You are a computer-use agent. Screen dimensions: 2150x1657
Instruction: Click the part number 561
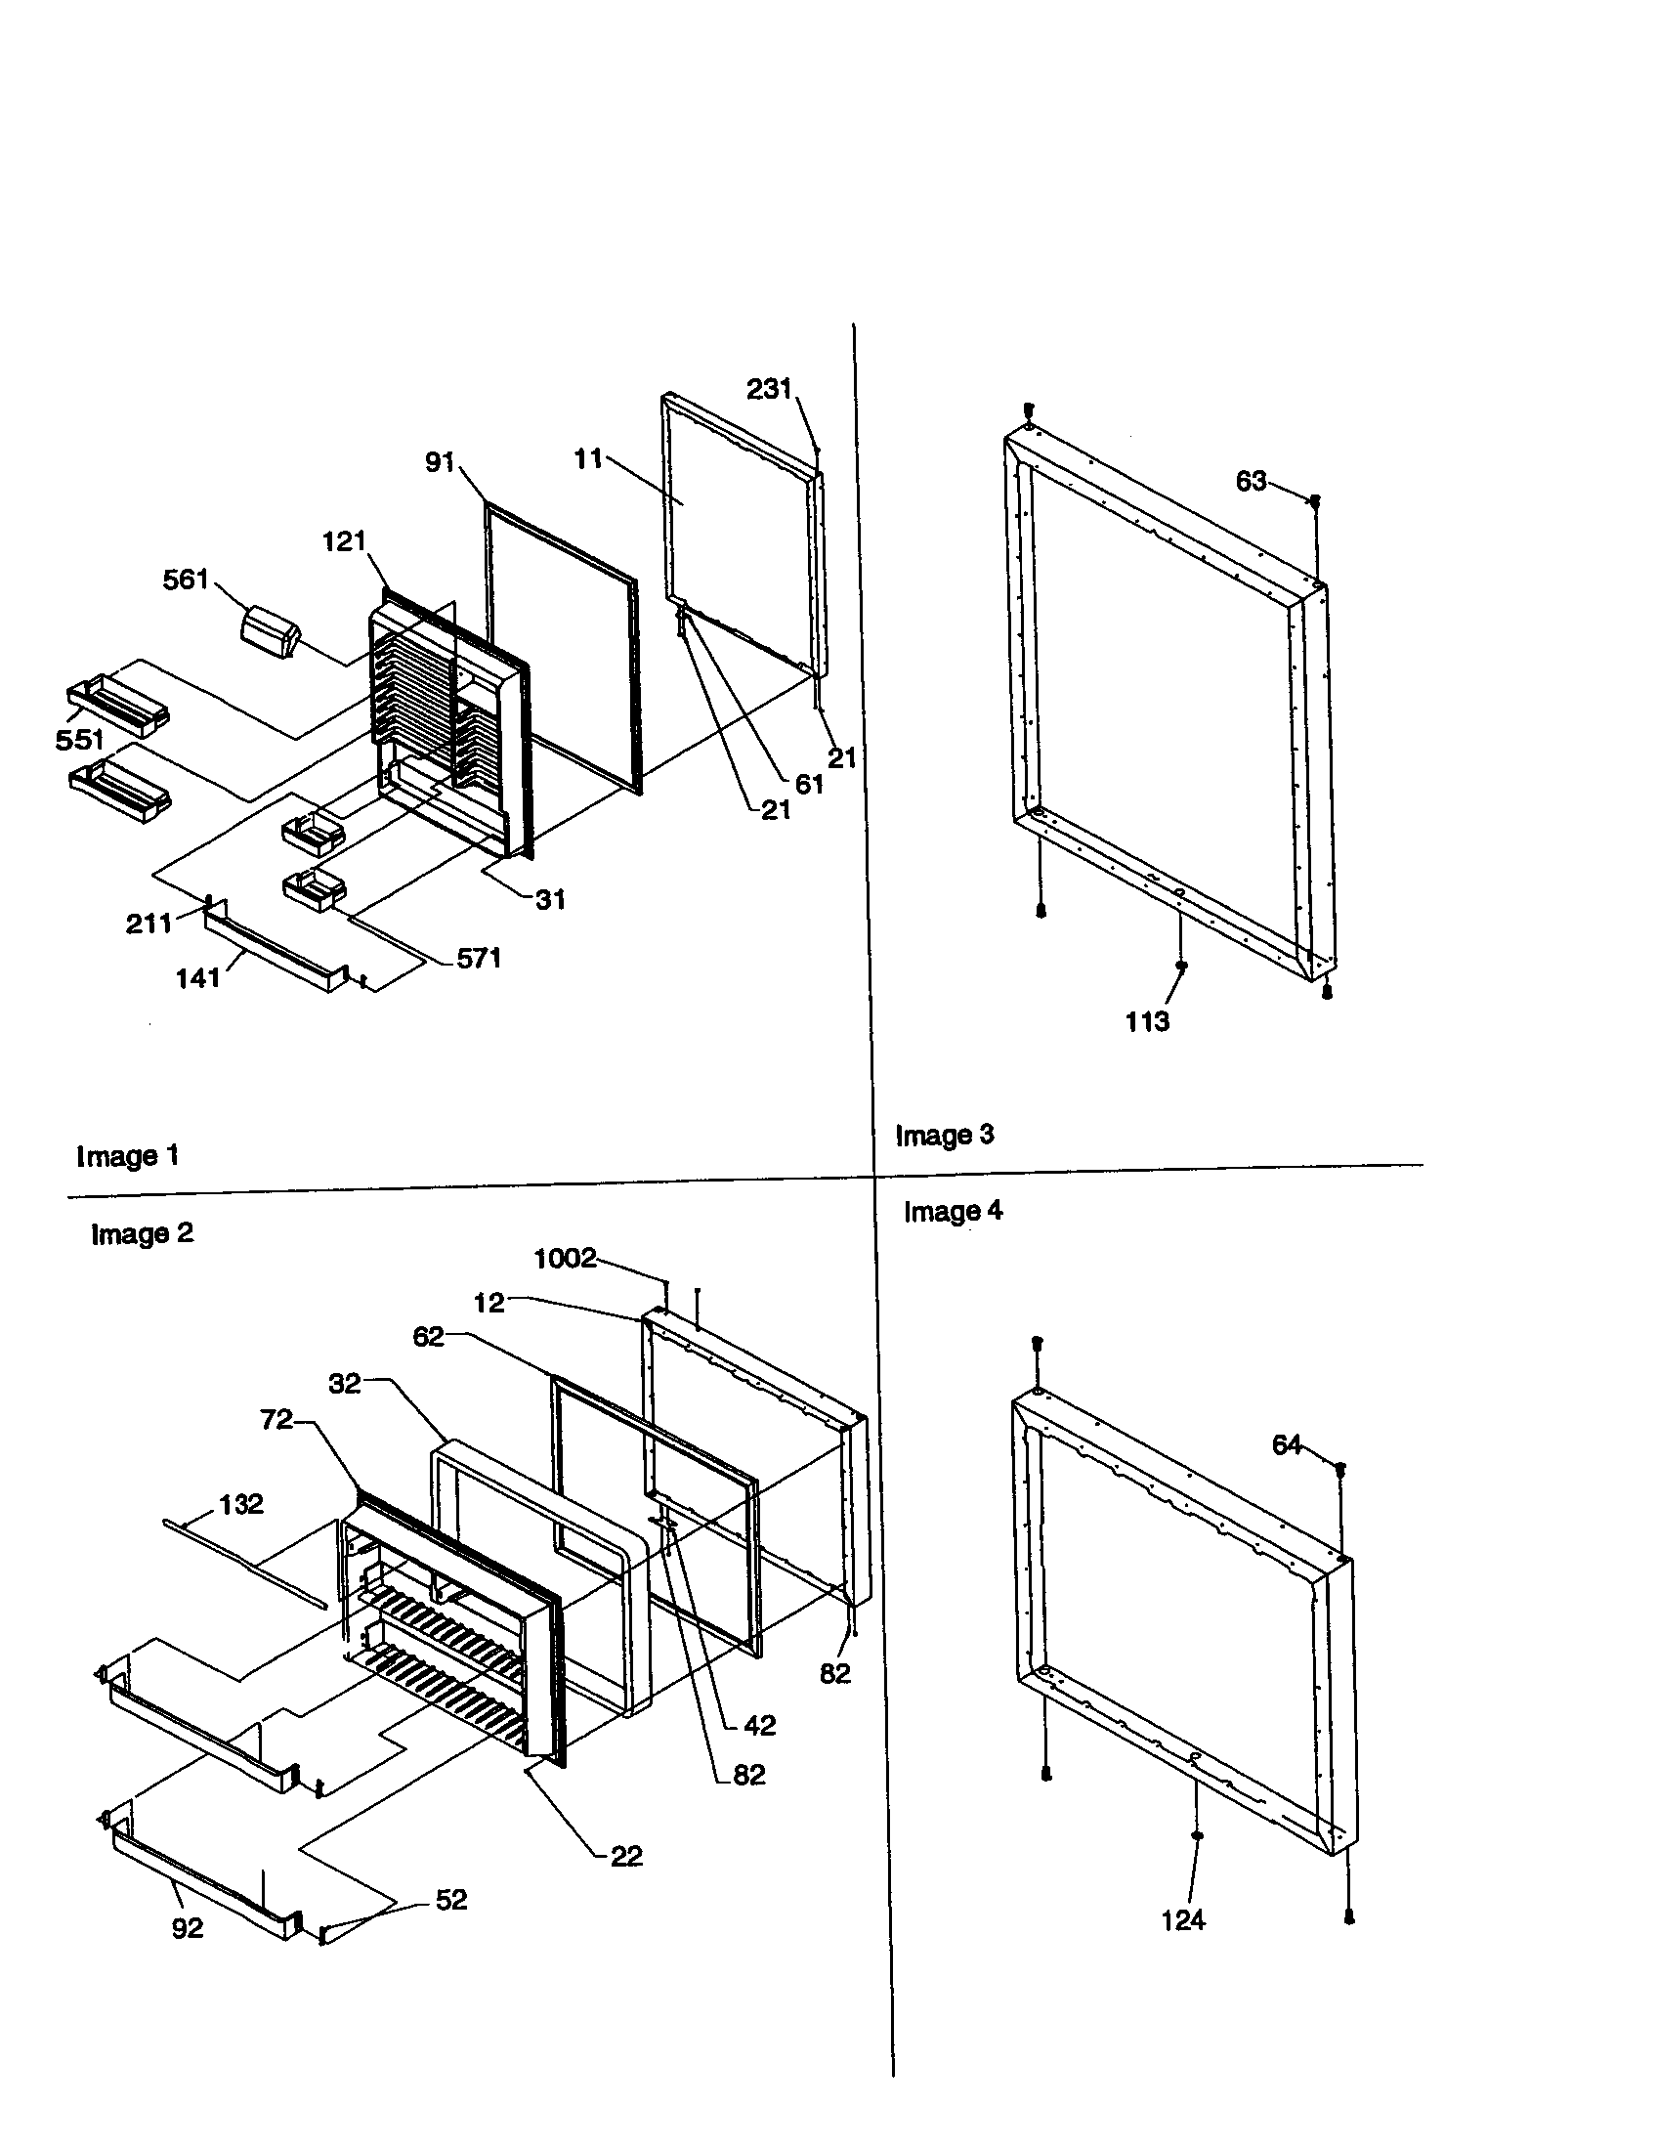point(185,580)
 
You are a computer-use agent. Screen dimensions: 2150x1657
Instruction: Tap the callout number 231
point(769,390)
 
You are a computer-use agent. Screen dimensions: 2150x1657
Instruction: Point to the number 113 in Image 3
point(1147,1022)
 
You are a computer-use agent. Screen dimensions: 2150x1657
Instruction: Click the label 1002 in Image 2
point(565,1258)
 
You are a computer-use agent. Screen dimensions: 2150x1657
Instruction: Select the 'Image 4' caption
point(953,1211)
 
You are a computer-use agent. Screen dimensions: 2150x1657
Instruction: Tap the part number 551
point(80,740)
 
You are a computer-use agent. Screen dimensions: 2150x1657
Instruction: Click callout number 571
point(479,958)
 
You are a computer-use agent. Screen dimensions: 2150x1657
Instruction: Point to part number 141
point(197,977)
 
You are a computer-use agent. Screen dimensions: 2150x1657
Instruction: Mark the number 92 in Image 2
point(187,1928)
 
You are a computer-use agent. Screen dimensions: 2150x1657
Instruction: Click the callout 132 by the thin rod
point(241,1504)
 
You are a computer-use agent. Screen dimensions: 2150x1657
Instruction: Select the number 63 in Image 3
point(1251,482)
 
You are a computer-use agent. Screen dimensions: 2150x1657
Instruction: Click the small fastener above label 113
point(1182,967)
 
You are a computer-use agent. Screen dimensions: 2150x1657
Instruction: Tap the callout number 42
point(760,1725)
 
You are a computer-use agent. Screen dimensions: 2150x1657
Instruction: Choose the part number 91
point(440,461)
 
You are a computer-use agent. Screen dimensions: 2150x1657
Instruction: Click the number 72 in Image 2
point(276,1419)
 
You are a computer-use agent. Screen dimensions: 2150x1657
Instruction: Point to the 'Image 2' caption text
point(142,1233)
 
